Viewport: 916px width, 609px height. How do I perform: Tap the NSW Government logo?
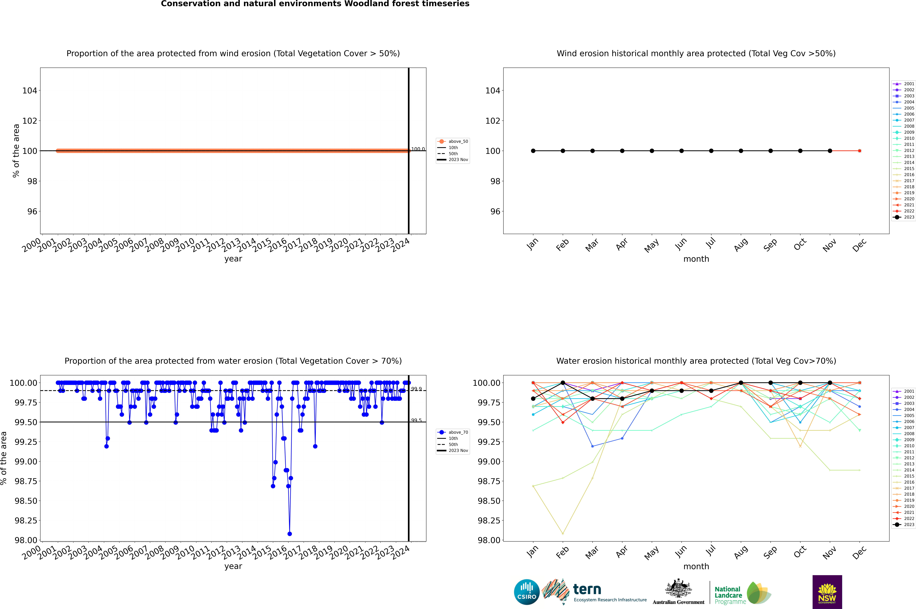pos(827,592)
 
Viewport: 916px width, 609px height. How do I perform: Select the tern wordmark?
pos(587,590)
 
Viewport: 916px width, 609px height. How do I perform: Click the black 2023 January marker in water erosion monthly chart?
pos(533,398)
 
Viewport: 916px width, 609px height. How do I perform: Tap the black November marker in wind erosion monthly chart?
pos(830,151)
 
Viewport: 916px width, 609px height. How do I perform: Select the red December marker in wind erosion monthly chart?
pos(859,151)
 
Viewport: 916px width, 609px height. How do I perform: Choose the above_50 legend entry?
pos(453,141)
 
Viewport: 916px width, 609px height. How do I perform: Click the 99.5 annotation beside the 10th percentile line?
pos(416,420)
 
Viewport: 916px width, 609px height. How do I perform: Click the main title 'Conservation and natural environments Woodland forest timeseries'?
pos(315,4)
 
